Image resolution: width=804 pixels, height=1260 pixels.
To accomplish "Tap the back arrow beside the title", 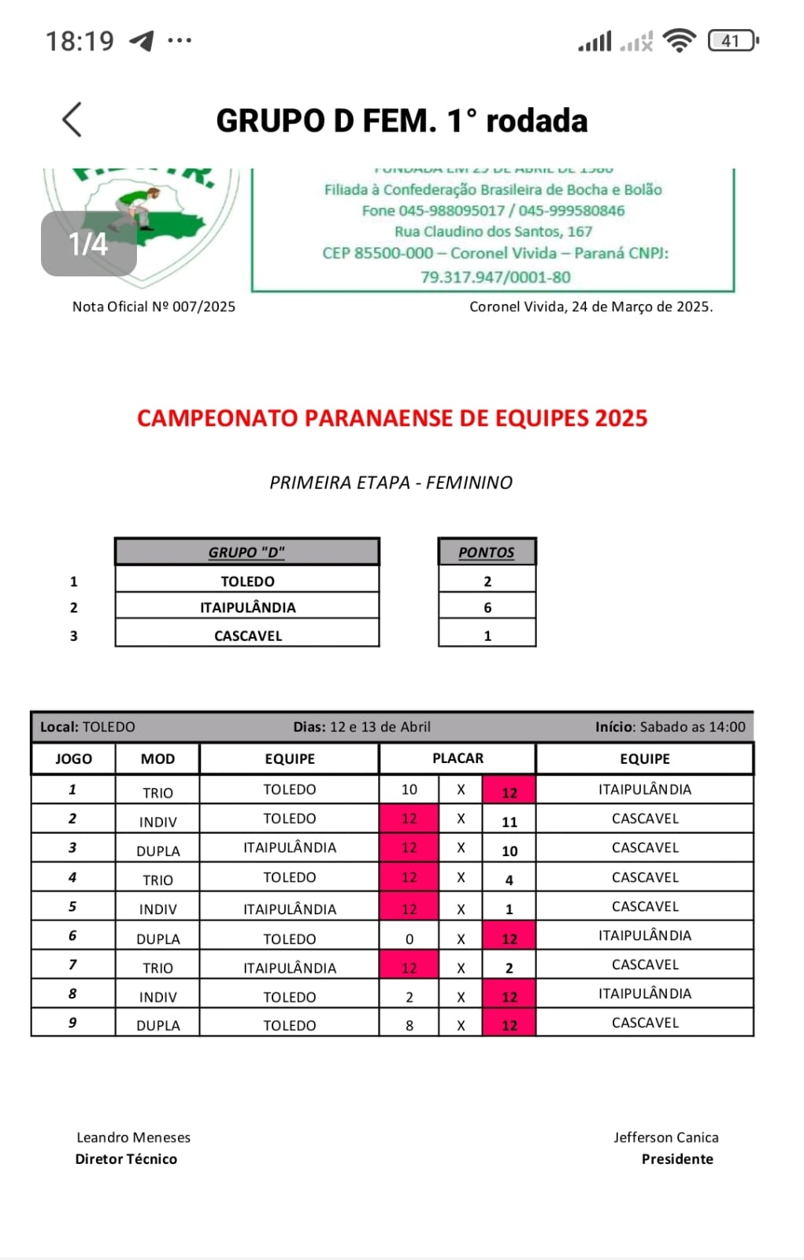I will click(x=72, y=120).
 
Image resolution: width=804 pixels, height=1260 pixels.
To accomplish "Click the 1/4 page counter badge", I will click(x=88, y=244).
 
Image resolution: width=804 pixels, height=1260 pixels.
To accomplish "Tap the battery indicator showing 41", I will click(x=732, y=41).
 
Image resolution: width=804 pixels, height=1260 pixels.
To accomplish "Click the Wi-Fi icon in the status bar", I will click(x=679, y=41).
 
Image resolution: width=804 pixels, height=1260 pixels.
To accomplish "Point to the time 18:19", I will click(x=80, y=41).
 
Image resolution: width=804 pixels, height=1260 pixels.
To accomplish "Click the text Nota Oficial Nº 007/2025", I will click(x=154, y=306).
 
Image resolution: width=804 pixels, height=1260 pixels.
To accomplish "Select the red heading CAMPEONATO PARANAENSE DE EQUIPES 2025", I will click(x=392, y=418).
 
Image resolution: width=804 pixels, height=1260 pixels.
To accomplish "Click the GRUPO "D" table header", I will click(x=246, y=552).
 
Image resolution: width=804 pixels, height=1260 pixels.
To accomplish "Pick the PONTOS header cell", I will click(x=487, y=552).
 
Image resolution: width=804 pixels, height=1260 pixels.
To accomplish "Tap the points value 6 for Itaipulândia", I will click(x=487, y=607).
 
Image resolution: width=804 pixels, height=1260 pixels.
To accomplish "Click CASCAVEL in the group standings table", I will click(x=247, y=636).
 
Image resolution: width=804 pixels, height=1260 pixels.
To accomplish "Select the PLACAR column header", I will click(x=458, y=758).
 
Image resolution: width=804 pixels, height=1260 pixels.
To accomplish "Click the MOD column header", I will click(x=157, y=758).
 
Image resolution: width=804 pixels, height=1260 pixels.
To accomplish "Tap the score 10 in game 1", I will click(x=409, y=789).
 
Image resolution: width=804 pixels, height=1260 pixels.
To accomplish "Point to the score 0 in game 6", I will click(x=409, y=939).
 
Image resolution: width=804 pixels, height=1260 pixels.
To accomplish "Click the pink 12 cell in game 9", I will click(x=509, y=1025).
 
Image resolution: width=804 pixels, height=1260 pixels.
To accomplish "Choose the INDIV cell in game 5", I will click(x=157, y=909).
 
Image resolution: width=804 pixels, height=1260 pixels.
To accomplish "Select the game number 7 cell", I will click(x=72, y=965).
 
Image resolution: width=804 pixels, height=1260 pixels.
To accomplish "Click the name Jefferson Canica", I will click(x=665, y=1137).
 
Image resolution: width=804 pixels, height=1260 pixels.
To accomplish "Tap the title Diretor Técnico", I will click(x=126, y=1158).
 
